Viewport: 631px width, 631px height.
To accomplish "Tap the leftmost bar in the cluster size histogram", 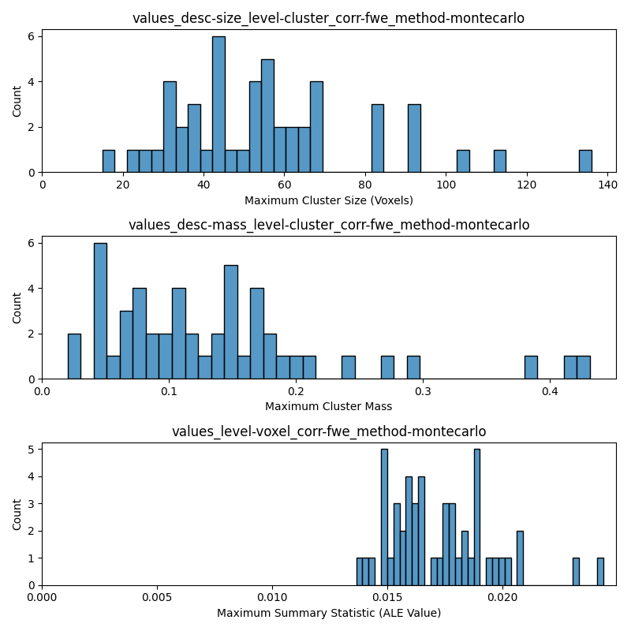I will coord(109,161).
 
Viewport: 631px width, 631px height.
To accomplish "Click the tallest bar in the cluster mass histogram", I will coord(100,311).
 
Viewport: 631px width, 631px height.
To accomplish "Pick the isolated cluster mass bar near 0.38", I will coord(531,368).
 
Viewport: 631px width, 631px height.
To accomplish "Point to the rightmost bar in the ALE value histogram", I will coord(600,572).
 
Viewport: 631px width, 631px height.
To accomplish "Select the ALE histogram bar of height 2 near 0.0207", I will coord(520,558).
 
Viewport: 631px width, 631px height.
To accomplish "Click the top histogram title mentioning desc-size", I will coord(328,18).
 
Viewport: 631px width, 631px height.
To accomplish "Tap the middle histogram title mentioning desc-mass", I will coord(328,225).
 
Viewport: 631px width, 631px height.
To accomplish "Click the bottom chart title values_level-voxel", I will coord(328,431).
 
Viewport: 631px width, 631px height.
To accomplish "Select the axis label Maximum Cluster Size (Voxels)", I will coord(328,200).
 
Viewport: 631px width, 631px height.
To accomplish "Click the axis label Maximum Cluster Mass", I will coord(328,407).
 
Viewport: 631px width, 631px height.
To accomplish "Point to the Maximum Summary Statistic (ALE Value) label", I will coord(328,613).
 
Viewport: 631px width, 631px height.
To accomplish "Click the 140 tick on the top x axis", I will coord(607,184).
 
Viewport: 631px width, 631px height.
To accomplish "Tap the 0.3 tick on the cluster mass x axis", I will coord(423,390).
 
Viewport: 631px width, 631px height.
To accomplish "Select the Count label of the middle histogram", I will coord(17,308).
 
